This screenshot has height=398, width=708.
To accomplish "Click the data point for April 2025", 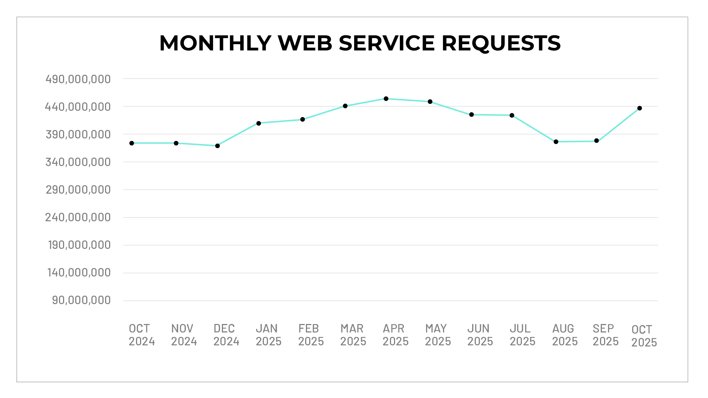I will (x=386, y=99).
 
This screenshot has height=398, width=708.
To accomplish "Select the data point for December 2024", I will (x=217, y=146).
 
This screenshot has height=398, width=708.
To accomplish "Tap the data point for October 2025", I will (x=639, y=108).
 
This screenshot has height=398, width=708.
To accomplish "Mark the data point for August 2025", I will (x=556, y=142).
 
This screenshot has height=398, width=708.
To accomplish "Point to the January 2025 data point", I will (x=259, y=123).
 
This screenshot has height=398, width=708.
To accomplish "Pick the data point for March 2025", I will (x=345, y=106).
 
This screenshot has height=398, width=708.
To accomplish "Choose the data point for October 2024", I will (x=132, y=143).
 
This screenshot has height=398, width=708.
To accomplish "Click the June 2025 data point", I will (x=471, y=115).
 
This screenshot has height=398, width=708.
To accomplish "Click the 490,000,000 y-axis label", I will (x=78, y=79).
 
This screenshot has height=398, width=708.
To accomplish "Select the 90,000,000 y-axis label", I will (x=81, y=300).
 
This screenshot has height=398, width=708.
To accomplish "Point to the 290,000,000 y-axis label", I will (x=78, y=190).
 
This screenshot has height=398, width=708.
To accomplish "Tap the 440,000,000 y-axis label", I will (x=78, y=107).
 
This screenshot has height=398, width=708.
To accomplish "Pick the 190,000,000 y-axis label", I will (x=79, y=245).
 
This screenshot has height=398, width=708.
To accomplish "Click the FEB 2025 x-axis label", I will (x=311, y=335).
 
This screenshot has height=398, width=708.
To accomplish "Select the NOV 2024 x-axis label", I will (x=184, y=335).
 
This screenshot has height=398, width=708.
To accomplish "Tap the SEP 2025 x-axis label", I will (x=605, y=335).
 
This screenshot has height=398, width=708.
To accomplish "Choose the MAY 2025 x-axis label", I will (x=437, y=335).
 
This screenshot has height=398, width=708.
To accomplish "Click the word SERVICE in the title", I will (x=387, y=43).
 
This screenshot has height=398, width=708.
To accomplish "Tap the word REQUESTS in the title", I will (x=501, y=43).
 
